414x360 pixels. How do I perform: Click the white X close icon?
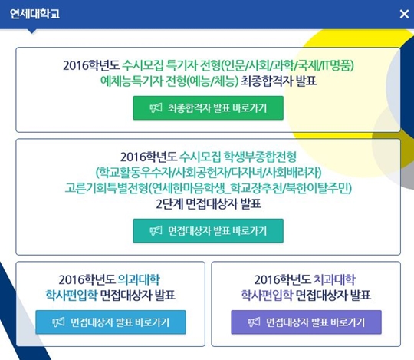point(404,14)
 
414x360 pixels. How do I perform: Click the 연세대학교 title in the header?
point(34,14)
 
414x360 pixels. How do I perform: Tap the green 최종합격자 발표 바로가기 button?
point(208,107)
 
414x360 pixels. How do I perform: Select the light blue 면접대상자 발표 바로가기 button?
point(110,322)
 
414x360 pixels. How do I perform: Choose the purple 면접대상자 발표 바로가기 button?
point(306,322)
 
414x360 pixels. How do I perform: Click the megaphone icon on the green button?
point(156,108)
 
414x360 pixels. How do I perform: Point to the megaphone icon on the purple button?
point(254,322)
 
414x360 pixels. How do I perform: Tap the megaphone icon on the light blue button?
point(58,322)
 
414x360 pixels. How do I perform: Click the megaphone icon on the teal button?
point(156,231)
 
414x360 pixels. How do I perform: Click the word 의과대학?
point(139,279)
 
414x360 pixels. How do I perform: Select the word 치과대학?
point(334,279)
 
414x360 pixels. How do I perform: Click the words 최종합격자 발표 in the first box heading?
point(279,81)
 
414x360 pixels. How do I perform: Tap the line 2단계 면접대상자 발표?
point(209,203)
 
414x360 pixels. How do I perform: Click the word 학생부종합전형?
point(260,157)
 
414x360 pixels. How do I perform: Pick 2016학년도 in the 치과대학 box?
point(282,279)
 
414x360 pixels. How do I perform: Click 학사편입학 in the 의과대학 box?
point(71,295)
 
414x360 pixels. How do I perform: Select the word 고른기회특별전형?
point(106,188)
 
